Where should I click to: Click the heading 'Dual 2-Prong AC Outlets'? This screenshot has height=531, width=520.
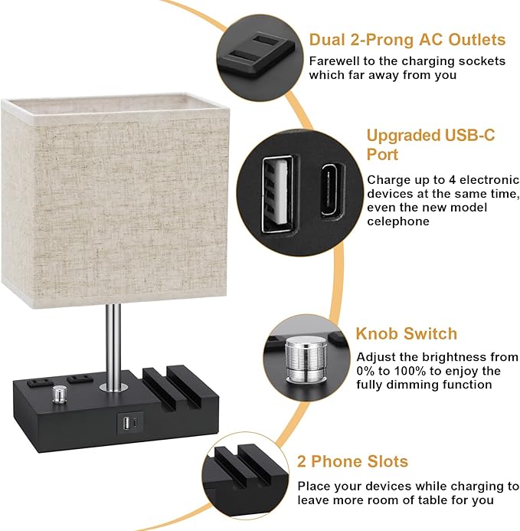[x=407, y=40]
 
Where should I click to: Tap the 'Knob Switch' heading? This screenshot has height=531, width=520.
[x=406, y=334]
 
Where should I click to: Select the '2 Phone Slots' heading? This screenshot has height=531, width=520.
[x=352, y=462]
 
